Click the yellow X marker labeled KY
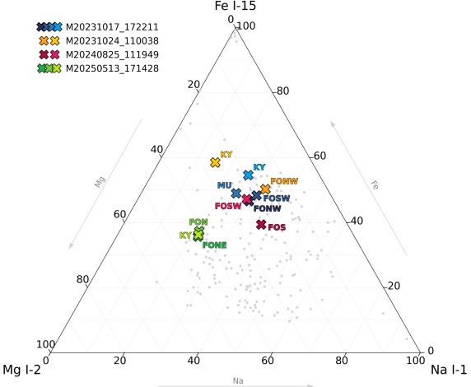click(216, 162)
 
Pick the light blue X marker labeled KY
click(249, 175)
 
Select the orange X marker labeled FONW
click(265, 189)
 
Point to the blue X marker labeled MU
click(236, 193)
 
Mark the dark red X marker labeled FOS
click(261, 224)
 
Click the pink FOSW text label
click(228, 206)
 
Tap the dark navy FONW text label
click(268, 208)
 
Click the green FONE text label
click(214, 245)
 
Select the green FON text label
click(198, 222)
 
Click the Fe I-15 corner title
click(235, 6)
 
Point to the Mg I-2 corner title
click(21, 370)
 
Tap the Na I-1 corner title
click(449, 370)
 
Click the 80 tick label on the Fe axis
click(282, 91)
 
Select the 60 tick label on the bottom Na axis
click(268, 361)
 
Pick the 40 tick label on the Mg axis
click(156, 149)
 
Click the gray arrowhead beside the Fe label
click(333, 124)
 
